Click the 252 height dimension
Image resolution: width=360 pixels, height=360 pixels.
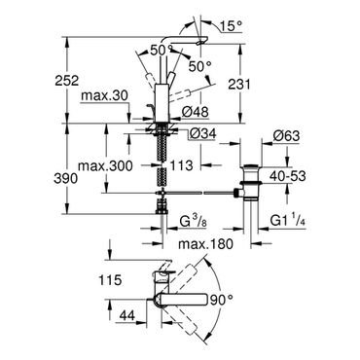[x=67, y=81]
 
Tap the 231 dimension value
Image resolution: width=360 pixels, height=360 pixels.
[x=239, y=85]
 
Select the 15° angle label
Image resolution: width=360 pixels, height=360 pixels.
[x=231, y=26]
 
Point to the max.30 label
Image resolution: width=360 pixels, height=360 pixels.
[x=105, y=96]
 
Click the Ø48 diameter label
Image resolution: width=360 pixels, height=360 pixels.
[x=195, y=112]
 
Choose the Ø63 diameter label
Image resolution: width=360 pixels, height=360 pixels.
[x=286, y=136]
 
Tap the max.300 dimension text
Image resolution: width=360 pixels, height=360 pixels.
[x=106, y=166]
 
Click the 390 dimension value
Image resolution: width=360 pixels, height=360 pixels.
[x=66, y=178]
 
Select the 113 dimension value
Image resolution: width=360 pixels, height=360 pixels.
[x=181, y=165]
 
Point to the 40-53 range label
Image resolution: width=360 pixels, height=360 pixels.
[x=288, y=176]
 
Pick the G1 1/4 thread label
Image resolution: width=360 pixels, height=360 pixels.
[x=288, y=222]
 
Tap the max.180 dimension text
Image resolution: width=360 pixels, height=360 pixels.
[x=205, y=244]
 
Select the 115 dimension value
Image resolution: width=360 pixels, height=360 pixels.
[x=111, y=279]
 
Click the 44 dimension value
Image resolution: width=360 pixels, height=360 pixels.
[x=127, y=314]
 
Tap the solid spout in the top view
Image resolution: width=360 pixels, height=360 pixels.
[x=182, y=300]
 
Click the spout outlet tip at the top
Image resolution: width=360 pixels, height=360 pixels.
[x=200, y=42]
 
